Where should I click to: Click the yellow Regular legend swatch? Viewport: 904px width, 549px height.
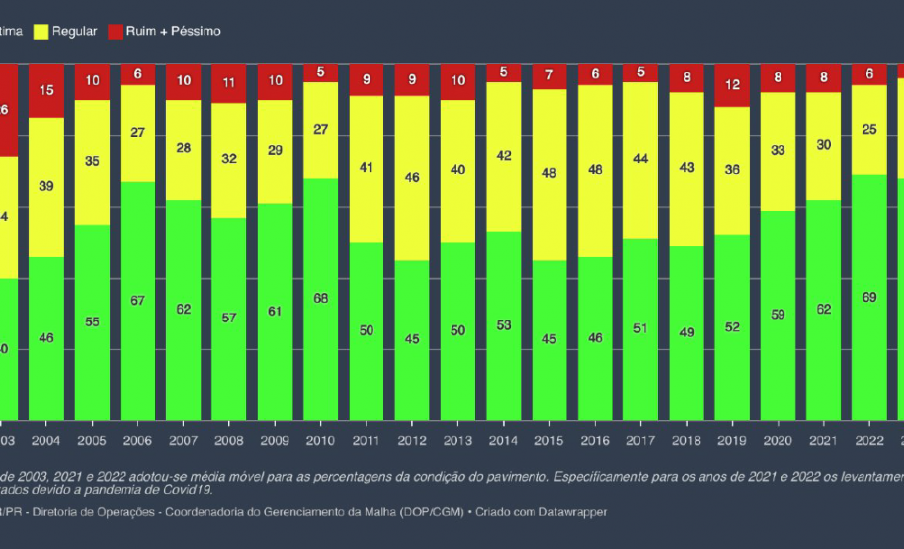(41, 32)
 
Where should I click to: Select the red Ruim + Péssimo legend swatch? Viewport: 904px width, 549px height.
(115, 32)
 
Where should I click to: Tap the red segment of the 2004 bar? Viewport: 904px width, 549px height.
(46, 91)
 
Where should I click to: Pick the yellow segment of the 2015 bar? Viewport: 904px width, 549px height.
(551, 174)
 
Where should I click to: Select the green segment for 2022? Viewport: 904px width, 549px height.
(869, 297)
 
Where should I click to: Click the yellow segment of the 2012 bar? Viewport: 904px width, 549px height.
(413, 178)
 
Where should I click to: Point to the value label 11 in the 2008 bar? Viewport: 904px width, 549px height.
(230, 84)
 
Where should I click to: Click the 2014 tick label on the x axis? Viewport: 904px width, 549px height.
(505, 440)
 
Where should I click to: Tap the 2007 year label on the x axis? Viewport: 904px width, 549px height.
(184, 440)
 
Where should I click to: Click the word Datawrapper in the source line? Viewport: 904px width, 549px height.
(570, 512)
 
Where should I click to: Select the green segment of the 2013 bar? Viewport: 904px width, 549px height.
(459, 331)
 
